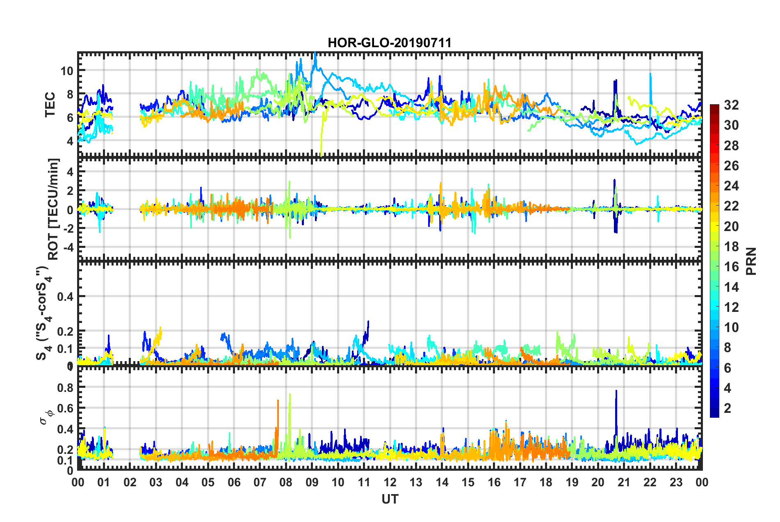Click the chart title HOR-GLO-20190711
point(390,43)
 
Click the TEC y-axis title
point(50,105)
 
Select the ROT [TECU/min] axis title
point(53,209)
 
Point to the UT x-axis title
point(390,499)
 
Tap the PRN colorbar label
point(751,261)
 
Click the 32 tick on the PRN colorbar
point(731,105)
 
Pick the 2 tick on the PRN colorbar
point(728,408)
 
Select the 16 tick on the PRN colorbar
point(731,267)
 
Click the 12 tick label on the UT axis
point(390,482)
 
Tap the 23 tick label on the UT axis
point(676,482)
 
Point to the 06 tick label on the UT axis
point(234,482)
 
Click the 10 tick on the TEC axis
point(67,71)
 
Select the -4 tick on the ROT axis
point(69,247)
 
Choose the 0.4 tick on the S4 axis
point(66,296)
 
